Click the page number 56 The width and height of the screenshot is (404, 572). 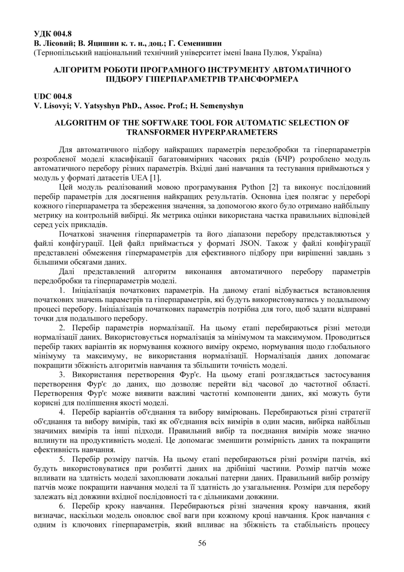tap(202, 543)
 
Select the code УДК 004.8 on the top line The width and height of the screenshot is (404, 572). tap(53, 34)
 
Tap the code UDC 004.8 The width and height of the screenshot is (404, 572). tap(53, 96)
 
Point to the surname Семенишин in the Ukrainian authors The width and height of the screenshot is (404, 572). tap(195, 43)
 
